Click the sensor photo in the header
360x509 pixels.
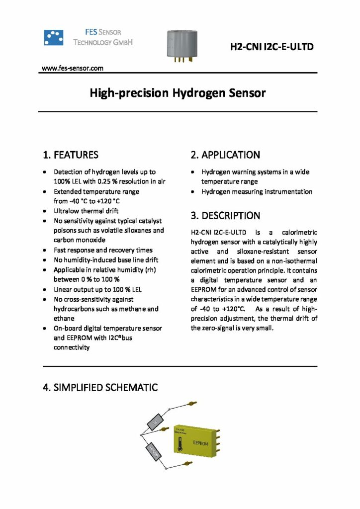click(x=184, y=45)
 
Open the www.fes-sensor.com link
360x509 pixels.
click(x=72, y=68)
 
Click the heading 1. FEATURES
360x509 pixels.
click(x=71, y=155)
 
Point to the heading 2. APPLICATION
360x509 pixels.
click(x=225, y=155)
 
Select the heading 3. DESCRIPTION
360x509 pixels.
click(x=225, y=216)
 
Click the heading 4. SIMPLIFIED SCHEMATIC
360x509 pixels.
click(x=100, y=386)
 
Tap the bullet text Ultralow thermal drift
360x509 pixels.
click(x=86, y=211)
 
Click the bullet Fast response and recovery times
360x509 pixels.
click(x=103, y=250)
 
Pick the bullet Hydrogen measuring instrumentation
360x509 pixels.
click(x=257, y=191)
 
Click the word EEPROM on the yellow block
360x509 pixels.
click(x=200, y=442)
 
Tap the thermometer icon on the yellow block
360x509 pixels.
click(x=181, y=445)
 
